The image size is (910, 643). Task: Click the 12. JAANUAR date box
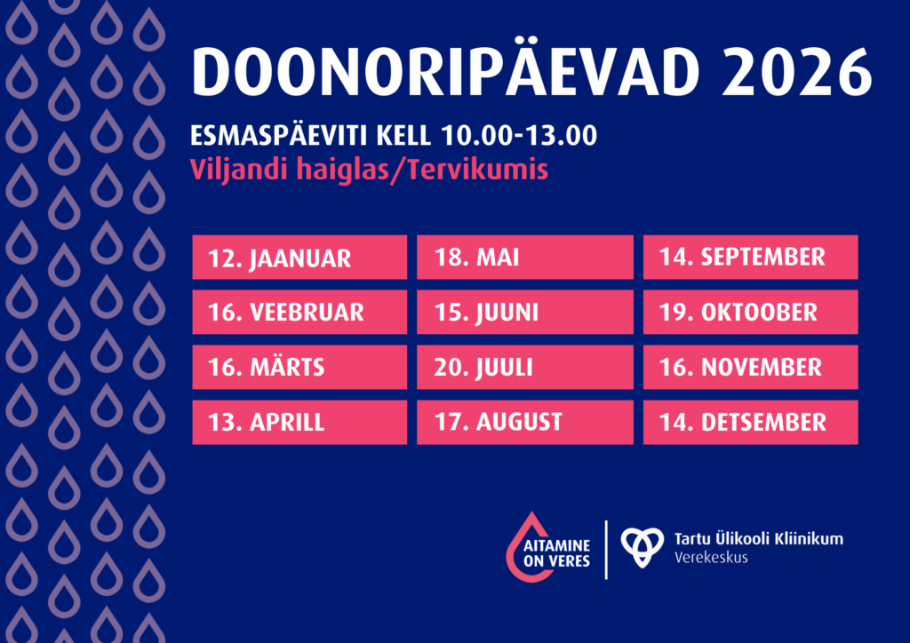click(299, 258)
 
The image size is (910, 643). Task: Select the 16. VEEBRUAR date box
click(299, 313)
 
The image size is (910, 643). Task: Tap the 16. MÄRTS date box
click(299, 368)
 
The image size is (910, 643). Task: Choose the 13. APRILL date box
click(299, 423)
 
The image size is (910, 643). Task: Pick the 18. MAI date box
click(524, 258)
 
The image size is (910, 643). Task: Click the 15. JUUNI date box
click(524, 313)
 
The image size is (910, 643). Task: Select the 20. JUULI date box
click(524, 368)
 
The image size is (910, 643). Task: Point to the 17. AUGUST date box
click(524, 423)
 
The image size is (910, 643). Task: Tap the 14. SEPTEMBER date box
click(750, 258)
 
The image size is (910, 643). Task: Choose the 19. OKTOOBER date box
click(750, 313)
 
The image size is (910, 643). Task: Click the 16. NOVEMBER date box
click(750, 368)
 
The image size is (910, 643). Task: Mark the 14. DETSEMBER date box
click(750, 423)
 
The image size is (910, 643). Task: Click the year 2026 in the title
click(796, 73)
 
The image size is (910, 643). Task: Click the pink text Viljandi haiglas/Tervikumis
click(369, 170)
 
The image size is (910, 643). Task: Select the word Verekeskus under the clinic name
click(711, 559)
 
